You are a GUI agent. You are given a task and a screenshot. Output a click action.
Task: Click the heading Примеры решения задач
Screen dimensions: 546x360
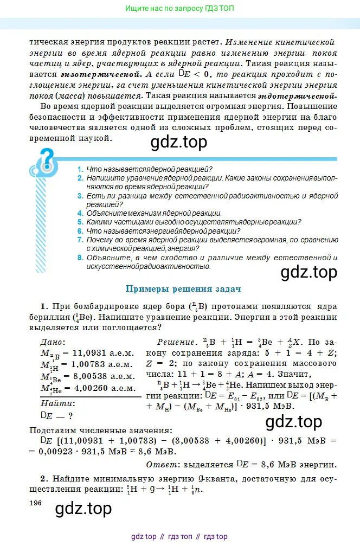(x=183, y=289)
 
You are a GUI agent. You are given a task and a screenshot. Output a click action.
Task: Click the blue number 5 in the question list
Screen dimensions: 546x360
(x=80, y=222)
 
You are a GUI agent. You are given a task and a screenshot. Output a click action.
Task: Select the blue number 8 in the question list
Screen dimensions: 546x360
(x=80, y=258)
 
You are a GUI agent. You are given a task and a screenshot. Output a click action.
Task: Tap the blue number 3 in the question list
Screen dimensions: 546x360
(x=80, y=195)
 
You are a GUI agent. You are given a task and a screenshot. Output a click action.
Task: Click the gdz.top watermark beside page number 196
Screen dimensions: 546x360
(x=83, y=508)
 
